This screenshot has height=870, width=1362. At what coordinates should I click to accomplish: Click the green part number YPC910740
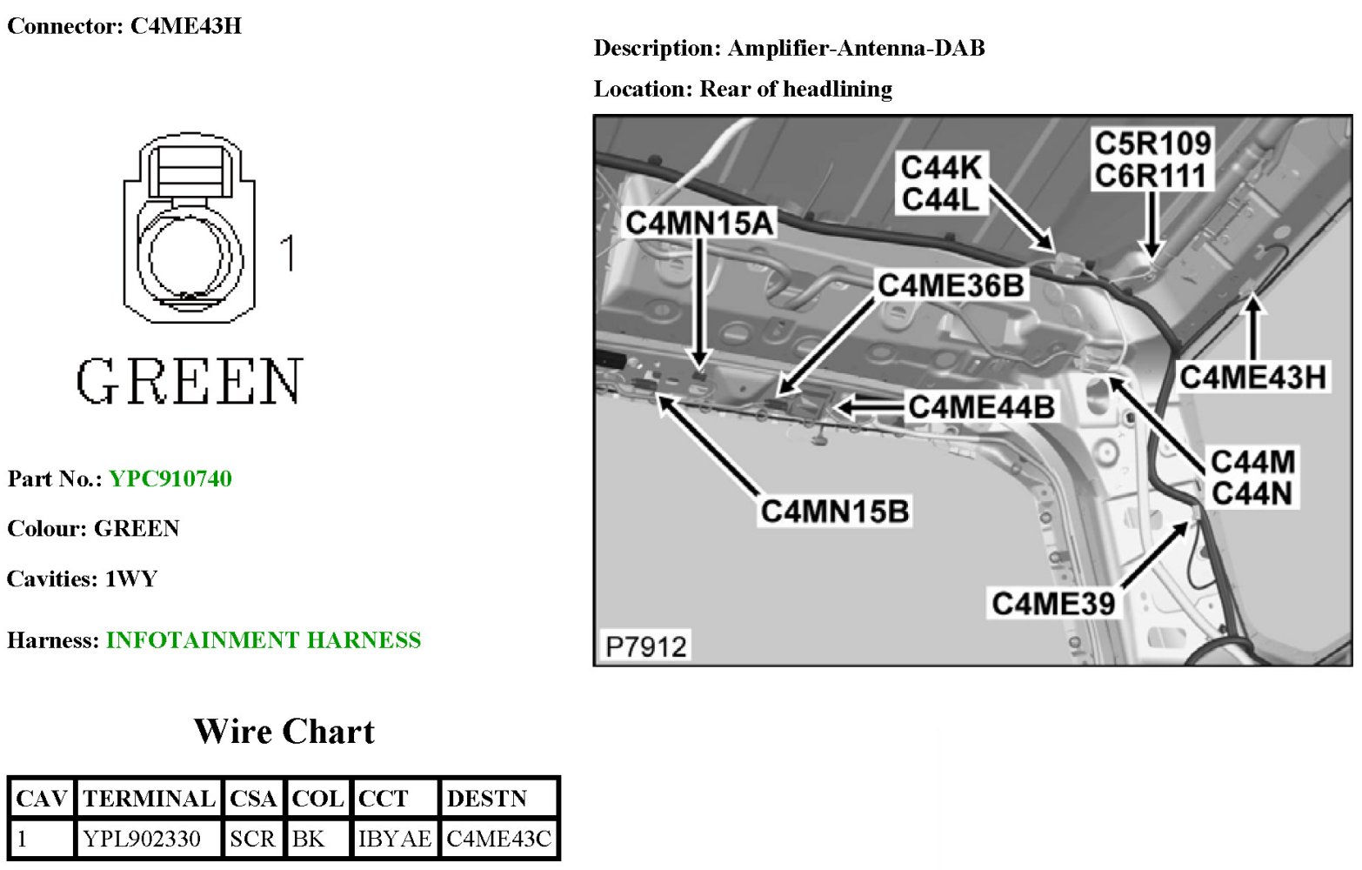point(170,479)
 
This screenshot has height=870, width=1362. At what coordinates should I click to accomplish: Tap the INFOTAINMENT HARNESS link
point(264,641)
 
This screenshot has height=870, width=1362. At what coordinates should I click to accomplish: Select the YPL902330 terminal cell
point(142,840)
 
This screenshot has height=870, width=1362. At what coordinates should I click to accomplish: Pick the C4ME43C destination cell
point(498,840)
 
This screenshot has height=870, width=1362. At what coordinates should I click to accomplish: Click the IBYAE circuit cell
point(394,840)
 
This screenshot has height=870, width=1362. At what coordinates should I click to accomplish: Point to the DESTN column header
point(486,799)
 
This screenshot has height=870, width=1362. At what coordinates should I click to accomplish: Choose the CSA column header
point(253,799)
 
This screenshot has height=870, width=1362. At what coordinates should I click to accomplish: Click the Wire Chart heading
point(284,732)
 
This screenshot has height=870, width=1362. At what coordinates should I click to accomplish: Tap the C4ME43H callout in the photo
point(1252,378)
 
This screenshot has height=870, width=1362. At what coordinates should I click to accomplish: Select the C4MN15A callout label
point(699,224)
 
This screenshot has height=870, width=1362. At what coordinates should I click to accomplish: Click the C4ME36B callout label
point(951,285)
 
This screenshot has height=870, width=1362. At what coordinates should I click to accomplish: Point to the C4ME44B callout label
point(981,406)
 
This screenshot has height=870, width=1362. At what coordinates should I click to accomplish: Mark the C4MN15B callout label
point(835,512)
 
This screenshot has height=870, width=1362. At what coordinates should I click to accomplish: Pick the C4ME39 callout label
point(1053,603)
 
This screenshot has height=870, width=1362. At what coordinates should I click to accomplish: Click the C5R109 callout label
point(1152,144)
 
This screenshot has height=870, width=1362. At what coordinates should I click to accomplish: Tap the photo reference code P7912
point(646,647)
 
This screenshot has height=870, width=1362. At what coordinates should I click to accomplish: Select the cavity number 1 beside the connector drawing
point(288,253)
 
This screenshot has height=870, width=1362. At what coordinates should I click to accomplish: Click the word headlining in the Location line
point(838,89)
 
